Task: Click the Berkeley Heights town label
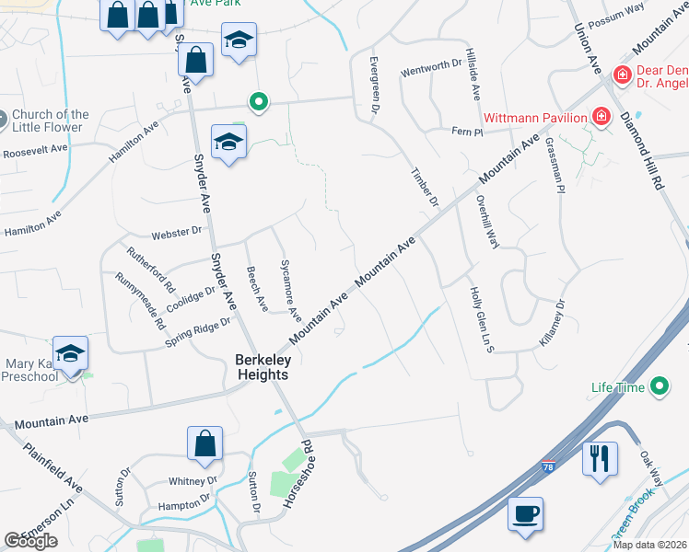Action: click(262, 367)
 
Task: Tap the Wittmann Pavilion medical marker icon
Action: click(601, 116)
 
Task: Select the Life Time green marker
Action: click(660, 387)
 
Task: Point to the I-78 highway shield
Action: click(549, 466)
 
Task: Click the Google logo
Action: click(30, 541)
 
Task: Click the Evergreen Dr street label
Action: click(374, 84)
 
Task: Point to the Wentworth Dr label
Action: click(430, 68)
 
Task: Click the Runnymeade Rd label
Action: click(141, 302)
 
